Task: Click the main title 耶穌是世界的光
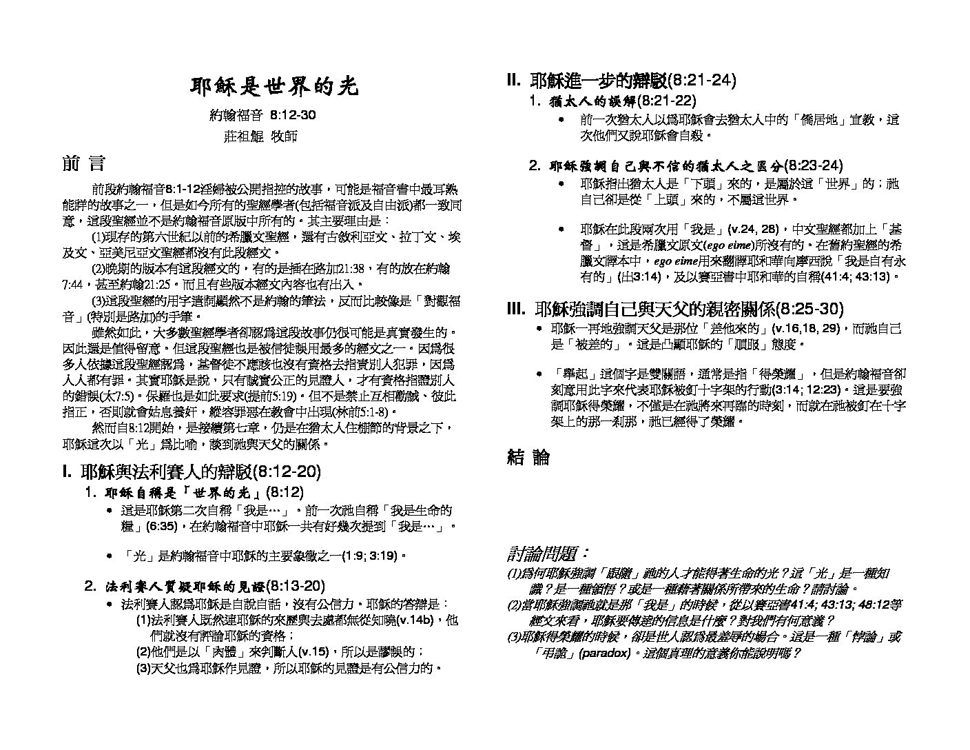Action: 274,87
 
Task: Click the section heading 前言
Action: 83,163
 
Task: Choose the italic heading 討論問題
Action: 548,554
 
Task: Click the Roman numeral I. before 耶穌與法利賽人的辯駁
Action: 67,472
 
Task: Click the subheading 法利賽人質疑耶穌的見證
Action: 184,587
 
